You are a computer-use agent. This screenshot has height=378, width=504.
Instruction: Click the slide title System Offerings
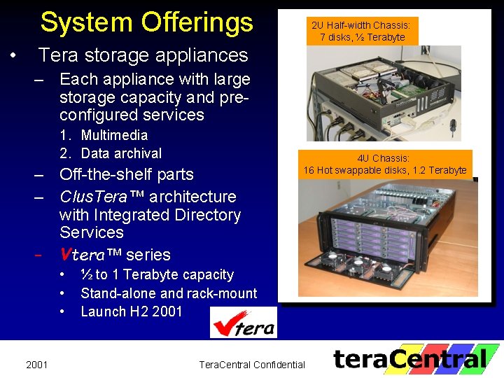point(146,22)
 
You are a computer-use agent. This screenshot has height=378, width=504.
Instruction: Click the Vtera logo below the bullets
point(244,323)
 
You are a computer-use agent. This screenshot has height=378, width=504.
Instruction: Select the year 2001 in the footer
point(36,364)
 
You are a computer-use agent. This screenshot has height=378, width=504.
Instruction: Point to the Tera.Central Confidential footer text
point(252,364)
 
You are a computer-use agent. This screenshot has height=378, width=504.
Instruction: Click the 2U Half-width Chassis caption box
point(362,31)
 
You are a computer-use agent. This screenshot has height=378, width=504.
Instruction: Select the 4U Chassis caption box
point(384,164)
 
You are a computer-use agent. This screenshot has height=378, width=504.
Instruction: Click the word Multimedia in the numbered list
point(114,135)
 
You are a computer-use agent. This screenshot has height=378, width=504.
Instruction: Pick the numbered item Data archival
point(121,153)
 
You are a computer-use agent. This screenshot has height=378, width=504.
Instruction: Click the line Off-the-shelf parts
point(126,174)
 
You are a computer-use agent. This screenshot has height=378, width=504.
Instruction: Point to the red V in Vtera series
point(67,255)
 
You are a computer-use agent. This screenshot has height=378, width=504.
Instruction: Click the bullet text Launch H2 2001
point(132,311)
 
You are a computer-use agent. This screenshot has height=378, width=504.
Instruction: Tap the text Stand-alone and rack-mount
point(169,293)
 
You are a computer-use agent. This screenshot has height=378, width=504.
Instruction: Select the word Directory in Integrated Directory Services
point(208,215)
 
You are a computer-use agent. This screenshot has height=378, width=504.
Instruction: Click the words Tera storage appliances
point(143,55)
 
